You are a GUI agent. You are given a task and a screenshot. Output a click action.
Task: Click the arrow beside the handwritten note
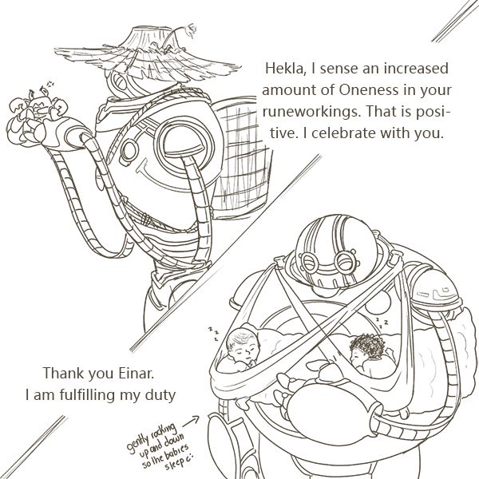tap(190, 421)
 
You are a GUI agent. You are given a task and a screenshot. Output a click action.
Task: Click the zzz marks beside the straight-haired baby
tap(214, 333)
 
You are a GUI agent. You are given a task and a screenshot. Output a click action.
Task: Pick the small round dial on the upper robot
tap(129, 151)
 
